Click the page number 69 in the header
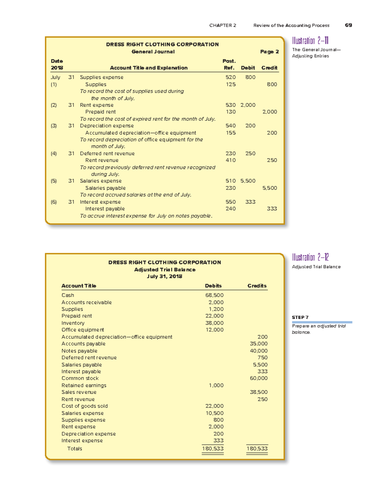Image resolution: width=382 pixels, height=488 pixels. coord(348,25)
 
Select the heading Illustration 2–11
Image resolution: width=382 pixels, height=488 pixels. coord(310,41)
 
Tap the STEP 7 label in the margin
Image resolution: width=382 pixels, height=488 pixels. coord(300,317)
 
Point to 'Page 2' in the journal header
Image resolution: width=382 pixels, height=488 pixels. coord(269,51)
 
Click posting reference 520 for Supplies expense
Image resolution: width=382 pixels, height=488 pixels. coord(230,77)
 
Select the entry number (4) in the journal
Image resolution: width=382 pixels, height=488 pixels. coord(54,153)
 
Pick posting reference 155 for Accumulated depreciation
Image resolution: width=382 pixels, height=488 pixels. coord(230,133)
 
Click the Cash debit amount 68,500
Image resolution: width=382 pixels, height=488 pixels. coord(214,295)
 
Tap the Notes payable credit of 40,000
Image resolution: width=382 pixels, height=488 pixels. coord(258,351)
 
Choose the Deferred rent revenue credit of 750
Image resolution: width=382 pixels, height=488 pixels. coord(262,357)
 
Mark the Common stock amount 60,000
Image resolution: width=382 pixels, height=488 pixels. coord(258,378)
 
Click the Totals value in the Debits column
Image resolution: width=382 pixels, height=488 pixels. coord(213,449)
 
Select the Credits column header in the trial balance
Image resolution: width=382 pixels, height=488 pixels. coord(257,286)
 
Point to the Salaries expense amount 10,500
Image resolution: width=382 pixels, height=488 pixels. coord(214,413)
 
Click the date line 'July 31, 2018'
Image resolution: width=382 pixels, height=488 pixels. coord(164,276)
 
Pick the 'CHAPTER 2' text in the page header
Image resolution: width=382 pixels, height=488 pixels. coord(223,25)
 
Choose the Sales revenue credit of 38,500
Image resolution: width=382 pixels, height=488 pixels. coord(258,392)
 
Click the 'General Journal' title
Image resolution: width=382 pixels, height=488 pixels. coord(153,51)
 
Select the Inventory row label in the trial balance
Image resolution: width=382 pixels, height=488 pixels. coord(73,323)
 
